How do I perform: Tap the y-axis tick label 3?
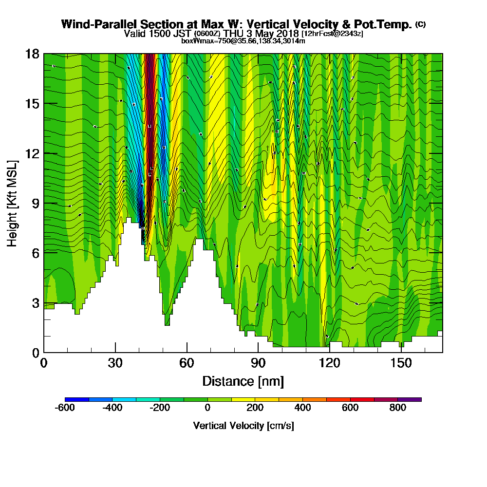(35, 302)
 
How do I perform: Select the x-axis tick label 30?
(115, 363)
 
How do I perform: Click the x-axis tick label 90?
(258, 363)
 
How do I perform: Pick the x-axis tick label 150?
(401, 363)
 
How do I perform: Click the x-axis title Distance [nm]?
(243, 381)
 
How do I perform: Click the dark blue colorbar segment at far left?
(76, 399)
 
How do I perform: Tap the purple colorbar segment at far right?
(410, 399)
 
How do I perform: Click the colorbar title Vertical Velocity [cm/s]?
(243, 426)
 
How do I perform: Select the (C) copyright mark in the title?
(420, 24)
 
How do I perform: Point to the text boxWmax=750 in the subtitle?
(201, 41)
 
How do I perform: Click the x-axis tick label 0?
(44, 363)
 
